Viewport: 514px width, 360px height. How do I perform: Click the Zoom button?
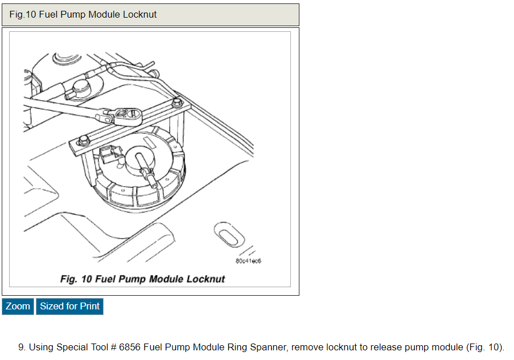click(x=18, y=307)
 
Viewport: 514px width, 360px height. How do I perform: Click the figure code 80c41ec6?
click(x=248, y=261)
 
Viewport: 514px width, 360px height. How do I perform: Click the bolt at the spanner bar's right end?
click(x=177, y=103)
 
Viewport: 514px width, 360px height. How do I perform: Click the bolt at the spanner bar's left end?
click(x=83, y=139)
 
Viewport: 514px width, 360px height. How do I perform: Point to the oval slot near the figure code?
click(x=226, y=233)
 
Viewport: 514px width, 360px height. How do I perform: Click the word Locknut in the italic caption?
click(x=204, y=279)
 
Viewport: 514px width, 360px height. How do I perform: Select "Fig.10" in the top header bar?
click(x=23, y=14)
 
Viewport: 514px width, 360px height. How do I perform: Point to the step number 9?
click(x=21, y=347)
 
